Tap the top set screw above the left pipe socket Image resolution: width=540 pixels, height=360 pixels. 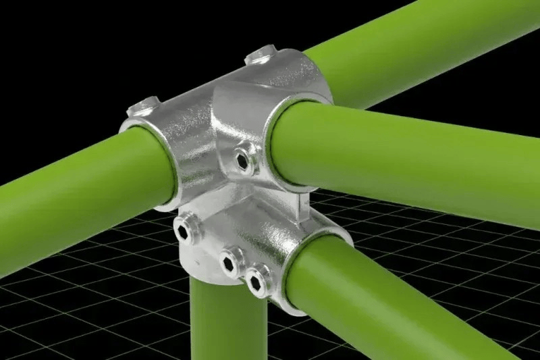coord(144,106)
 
